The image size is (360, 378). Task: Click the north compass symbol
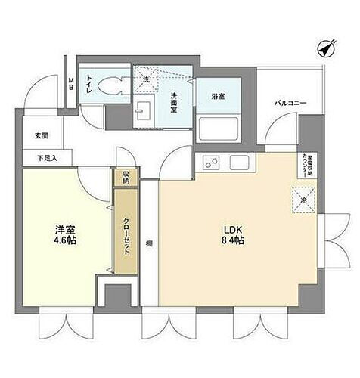click(x=326, y=48)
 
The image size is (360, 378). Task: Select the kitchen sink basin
click(x=240, y=162)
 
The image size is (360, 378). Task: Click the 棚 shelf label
click(x=150, y=243)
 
